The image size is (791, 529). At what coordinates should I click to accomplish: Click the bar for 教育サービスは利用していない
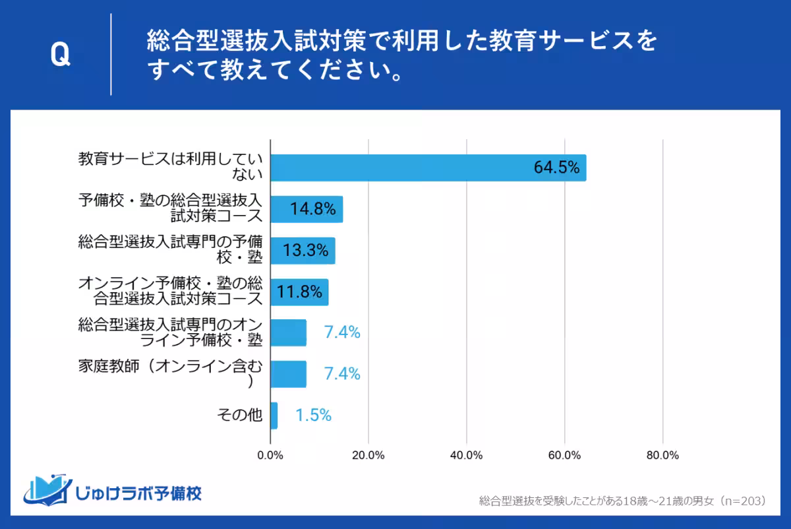[x=428, y=168]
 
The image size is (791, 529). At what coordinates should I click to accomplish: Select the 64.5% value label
[x=556, y=168]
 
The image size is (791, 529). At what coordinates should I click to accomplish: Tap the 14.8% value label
[x=313, y=210]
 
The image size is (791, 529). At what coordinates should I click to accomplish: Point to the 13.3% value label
[x=306, y=251]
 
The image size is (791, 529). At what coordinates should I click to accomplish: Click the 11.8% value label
[x=299, y=292]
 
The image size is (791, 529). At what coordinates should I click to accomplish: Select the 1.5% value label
[x=313, y=416]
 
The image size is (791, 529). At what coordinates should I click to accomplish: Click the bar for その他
[x=274, y=416]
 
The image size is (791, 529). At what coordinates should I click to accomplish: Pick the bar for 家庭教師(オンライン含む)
[x=289, y=374]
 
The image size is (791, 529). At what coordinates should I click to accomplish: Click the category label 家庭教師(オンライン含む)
[x=170, y=373]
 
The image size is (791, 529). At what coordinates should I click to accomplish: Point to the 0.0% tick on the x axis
[x=270, y=456]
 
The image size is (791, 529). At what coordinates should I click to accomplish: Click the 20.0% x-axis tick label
[x=368, y=456]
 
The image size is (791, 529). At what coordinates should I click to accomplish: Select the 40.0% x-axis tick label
[x=467, y=456]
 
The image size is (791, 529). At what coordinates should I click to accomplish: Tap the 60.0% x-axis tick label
[x=564, y=456]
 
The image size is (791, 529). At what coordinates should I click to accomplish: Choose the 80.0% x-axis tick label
[x=662, y=456]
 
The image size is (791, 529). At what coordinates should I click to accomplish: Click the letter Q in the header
[x=60, y=55]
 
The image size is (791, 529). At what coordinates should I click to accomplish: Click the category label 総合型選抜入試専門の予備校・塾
[x=170, y=251]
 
